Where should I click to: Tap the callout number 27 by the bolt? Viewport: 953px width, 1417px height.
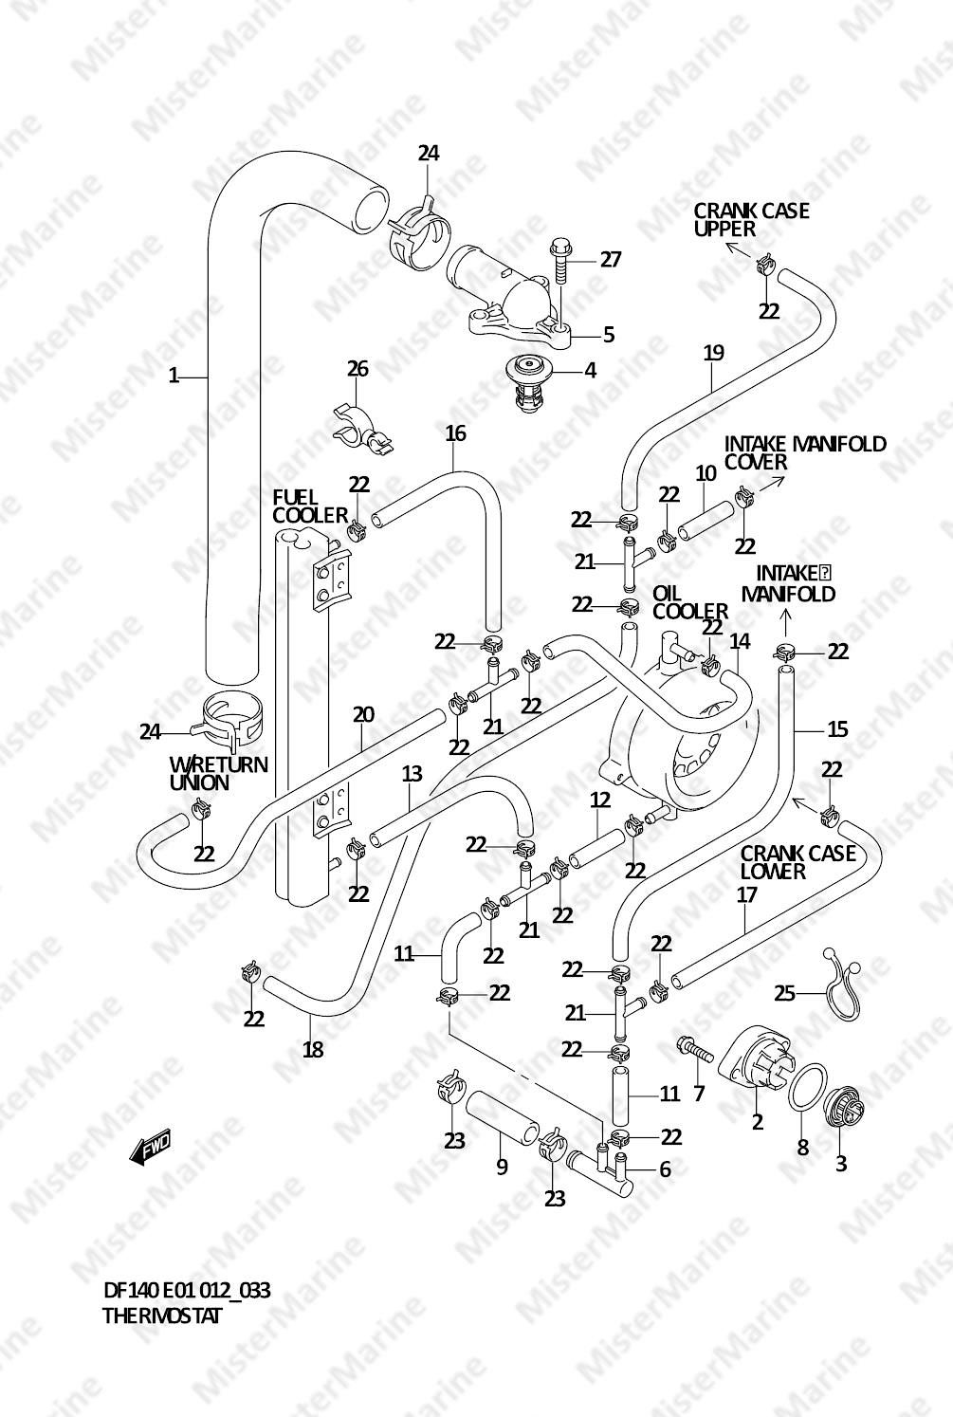coord(611,259)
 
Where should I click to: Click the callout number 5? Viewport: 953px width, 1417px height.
coord(609,334)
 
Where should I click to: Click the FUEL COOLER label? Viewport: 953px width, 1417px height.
coord(310,506)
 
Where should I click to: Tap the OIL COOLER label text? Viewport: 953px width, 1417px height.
coord(689,602)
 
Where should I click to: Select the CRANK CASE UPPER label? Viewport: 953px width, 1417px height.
coord(751,219)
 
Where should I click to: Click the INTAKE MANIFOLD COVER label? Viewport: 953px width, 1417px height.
coord(805,452)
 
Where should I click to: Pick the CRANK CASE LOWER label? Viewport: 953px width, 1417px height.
coord(797,861)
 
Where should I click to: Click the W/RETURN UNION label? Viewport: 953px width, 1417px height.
coord(218,773)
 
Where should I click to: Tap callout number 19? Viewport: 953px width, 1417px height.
coord(714,353)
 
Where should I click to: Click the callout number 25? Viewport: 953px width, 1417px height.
coord(784,993)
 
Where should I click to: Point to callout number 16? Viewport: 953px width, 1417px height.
coord(455,433)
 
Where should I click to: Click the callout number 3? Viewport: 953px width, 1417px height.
coord(841,1163)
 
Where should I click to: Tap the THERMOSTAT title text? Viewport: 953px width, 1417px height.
coord(161,1316)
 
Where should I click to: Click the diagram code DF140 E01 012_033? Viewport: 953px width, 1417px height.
coord(187,1291)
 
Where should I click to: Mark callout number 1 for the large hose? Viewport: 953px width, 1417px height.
coord(174,377)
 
